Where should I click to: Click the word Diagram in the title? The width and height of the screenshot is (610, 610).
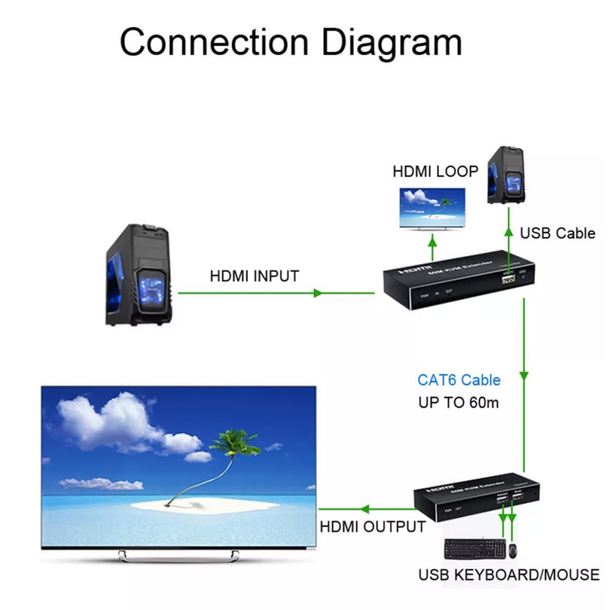(391, 43)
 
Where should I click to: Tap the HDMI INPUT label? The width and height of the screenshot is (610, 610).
(254, 276)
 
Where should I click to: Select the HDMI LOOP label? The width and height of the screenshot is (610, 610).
(435, 171)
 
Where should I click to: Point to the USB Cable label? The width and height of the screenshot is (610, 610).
(557, 233)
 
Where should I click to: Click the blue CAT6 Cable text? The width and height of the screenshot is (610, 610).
(459, 380)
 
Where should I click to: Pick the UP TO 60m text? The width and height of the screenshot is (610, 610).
(459, 403)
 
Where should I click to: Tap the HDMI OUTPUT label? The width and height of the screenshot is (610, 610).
(373, 526)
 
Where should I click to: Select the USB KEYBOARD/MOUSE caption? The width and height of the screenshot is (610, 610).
(509, 574)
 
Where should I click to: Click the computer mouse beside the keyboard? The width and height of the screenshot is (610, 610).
(514, 549)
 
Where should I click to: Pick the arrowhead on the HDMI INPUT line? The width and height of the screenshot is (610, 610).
(317, 293)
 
